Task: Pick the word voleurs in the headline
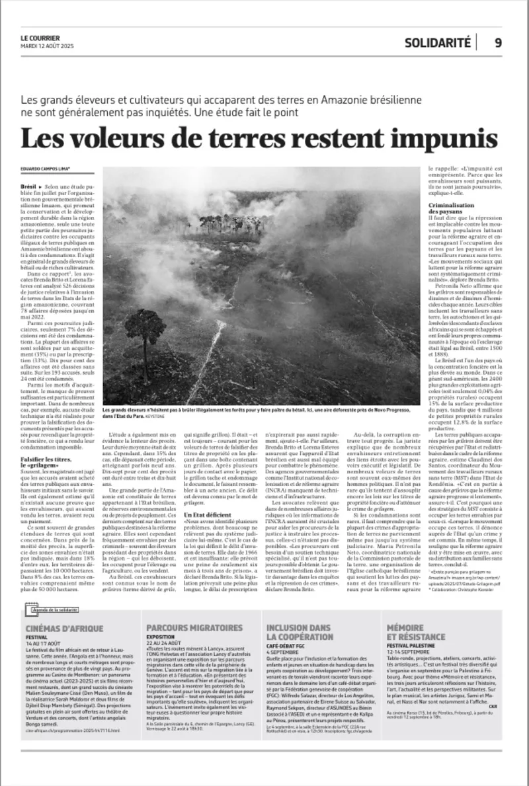pos(124,139)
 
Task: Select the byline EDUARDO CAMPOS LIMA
pos(46,169)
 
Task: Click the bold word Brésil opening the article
pos(29,188)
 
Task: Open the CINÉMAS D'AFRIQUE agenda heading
pos(64,627)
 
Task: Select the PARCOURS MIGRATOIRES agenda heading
pos(194,627)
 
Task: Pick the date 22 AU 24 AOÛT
pos(163,643)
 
